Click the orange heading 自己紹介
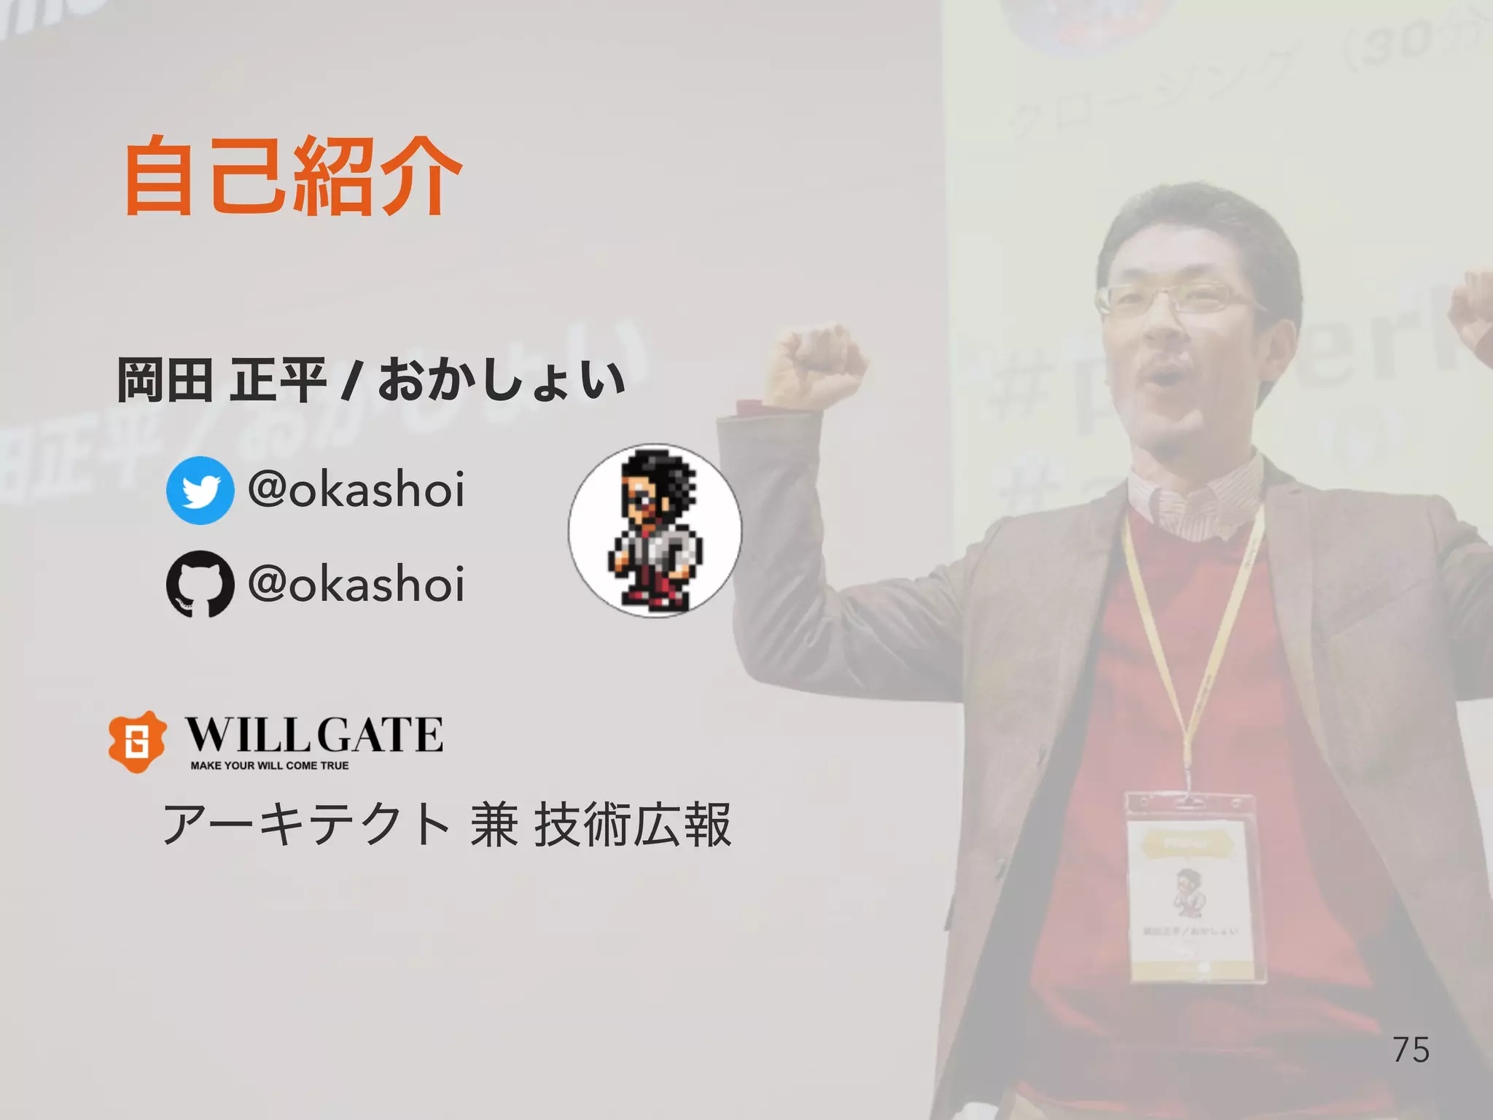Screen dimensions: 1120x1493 coord(292,177)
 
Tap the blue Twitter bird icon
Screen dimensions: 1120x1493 coord(200,490)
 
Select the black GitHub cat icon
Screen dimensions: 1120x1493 coord(200,584)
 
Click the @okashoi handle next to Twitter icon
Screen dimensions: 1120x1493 coord(356,489)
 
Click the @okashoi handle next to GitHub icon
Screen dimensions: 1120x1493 coord(356,584)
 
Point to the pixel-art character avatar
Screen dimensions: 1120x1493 coord(655,531)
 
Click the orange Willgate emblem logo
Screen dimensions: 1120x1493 coord(136,742)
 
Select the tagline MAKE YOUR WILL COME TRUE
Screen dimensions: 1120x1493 coord(269,766)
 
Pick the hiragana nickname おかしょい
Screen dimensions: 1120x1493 coord(502,380)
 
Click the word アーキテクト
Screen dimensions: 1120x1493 coord(306,825)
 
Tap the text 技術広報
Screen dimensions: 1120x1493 coord(633,825)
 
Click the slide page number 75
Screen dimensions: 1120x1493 coord(1411,1050)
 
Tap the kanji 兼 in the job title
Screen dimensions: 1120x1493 coord(494,825)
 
